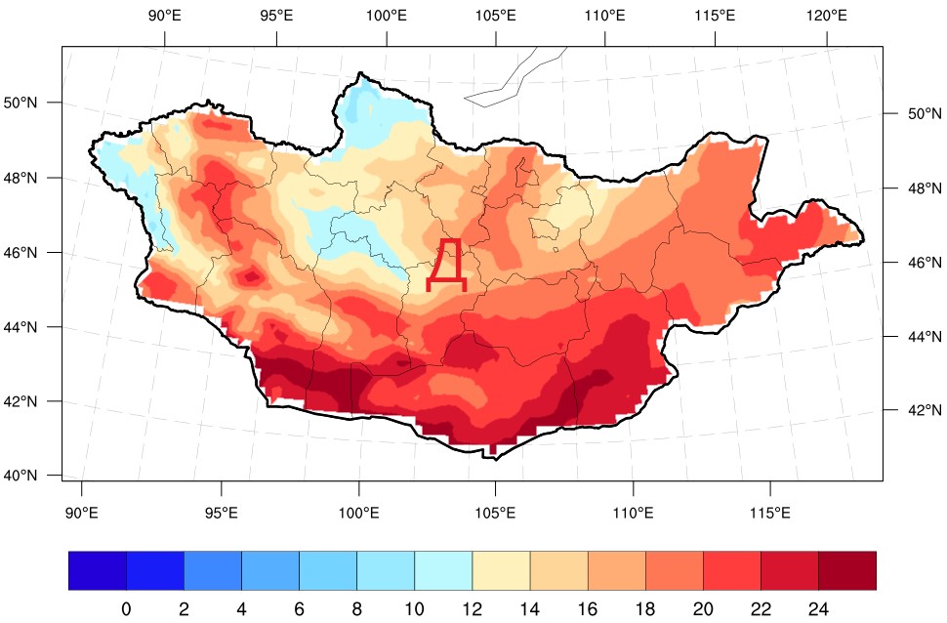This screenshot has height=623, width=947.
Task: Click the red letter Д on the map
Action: pos(447,265)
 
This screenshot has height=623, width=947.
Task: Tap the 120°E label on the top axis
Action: pos(826,16)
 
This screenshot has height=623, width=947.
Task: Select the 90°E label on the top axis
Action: pos(164,16)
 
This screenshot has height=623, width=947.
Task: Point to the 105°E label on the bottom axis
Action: pos(495,514)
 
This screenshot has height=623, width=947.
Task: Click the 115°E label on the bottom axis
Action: pos(770,514)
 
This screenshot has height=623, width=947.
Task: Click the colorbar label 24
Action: pos(818,609)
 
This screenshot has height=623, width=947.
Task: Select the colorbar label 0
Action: pos(126,609)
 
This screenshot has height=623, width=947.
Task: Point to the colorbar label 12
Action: pos(473,609)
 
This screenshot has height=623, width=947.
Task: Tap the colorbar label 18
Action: pos(645,609)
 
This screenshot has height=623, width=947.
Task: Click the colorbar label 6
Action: pos(299,609)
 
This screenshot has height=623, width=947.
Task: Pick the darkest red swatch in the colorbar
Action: pos(846,571)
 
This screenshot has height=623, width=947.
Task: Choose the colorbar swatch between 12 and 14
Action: pos(501,571)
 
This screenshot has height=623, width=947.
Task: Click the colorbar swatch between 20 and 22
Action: pos(731,571)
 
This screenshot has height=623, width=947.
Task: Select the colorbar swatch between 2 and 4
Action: pos(213,571)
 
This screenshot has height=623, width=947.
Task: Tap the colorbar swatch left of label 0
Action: pos(98,571)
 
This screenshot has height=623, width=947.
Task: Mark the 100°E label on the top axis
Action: pos(387,16)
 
